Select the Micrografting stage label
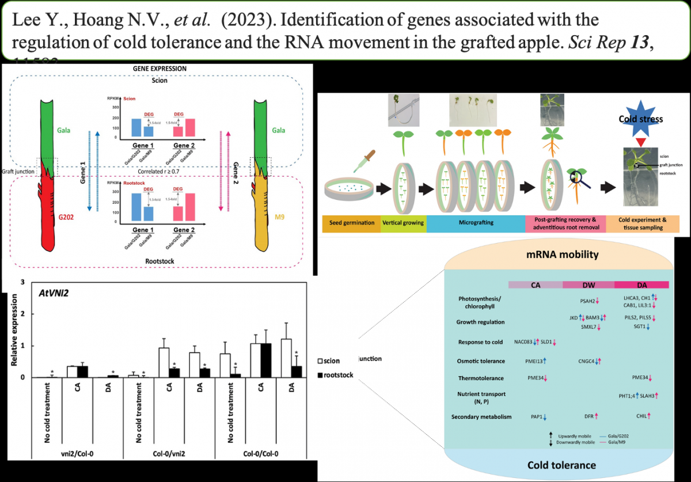coord(475,223)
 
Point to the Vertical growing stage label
coord(403,223)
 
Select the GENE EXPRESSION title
coord(158,68)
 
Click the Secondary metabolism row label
coord(482,416)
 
